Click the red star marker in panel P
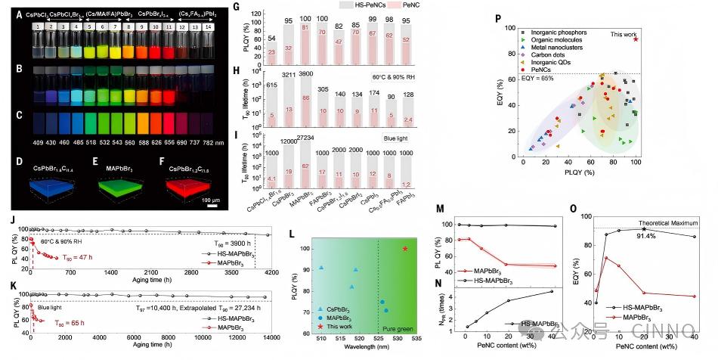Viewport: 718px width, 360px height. (x=636, y=39)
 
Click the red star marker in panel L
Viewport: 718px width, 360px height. (x=406, y=248)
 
